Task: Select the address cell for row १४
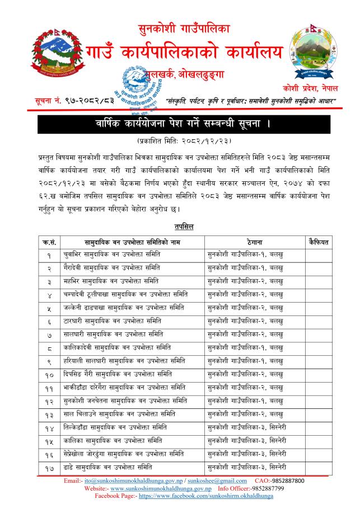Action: pyautogui.click(x=247, y=427)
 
